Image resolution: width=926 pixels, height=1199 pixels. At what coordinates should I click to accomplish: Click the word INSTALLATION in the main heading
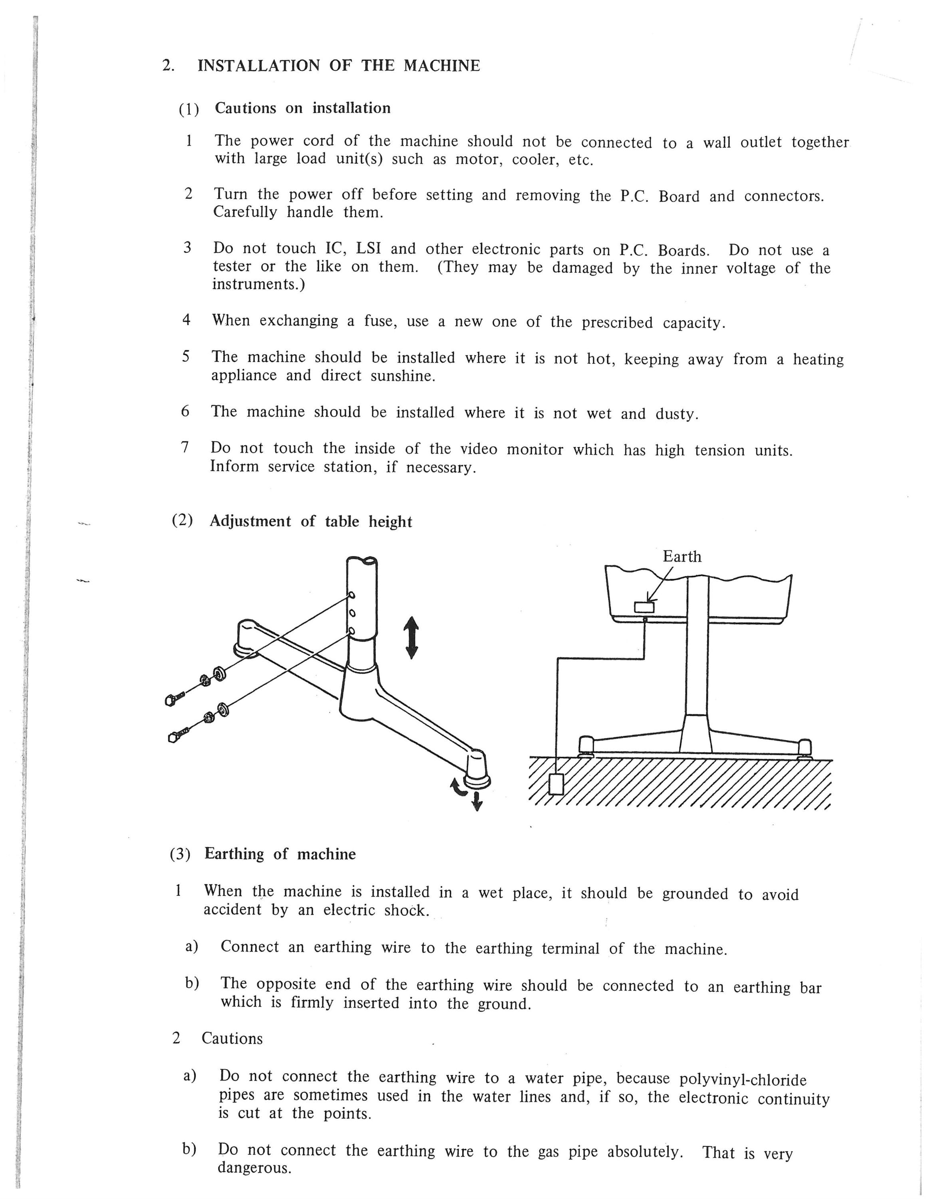258,66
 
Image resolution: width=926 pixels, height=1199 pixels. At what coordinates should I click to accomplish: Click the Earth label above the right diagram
682,557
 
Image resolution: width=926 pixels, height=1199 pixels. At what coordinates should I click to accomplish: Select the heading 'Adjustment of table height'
310,521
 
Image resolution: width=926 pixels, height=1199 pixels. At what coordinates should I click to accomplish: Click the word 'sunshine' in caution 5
403,376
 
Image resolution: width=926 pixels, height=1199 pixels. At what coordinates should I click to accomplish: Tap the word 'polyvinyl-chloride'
743,1079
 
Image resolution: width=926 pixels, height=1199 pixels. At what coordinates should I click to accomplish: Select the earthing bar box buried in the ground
556,783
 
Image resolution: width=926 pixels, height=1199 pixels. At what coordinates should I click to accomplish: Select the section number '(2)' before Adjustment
183,520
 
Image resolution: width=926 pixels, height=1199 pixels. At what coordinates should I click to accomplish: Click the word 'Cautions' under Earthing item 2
232,1038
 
